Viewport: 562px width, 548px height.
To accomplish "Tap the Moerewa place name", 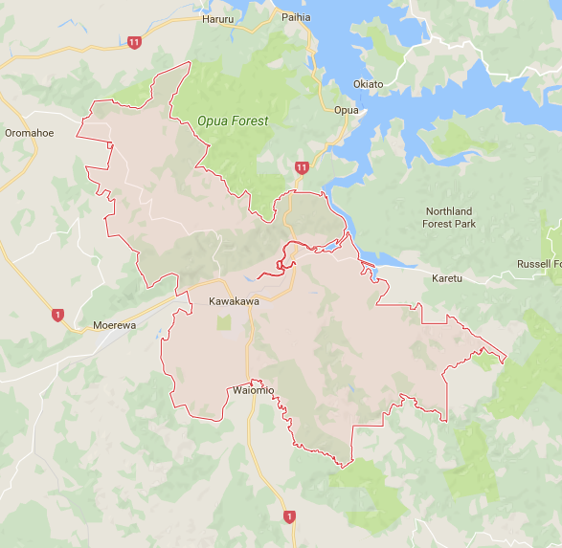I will (115, 325).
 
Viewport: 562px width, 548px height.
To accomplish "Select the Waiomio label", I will (254, 390).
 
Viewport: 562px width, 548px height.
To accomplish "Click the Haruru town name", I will (217, 18).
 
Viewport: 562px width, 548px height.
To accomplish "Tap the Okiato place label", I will (368, 84).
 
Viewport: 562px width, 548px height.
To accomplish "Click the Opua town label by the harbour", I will (346, 110).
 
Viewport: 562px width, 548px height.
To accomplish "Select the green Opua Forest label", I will (233, 121).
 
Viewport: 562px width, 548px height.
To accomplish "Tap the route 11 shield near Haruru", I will (134, 42).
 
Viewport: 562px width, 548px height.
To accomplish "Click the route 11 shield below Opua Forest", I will (303, 167).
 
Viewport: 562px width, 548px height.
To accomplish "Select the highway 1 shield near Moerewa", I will (57, 315).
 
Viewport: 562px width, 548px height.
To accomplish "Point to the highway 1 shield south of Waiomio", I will (289, 516).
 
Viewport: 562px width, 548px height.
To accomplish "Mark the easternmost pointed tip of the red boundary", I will (506, 361).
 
